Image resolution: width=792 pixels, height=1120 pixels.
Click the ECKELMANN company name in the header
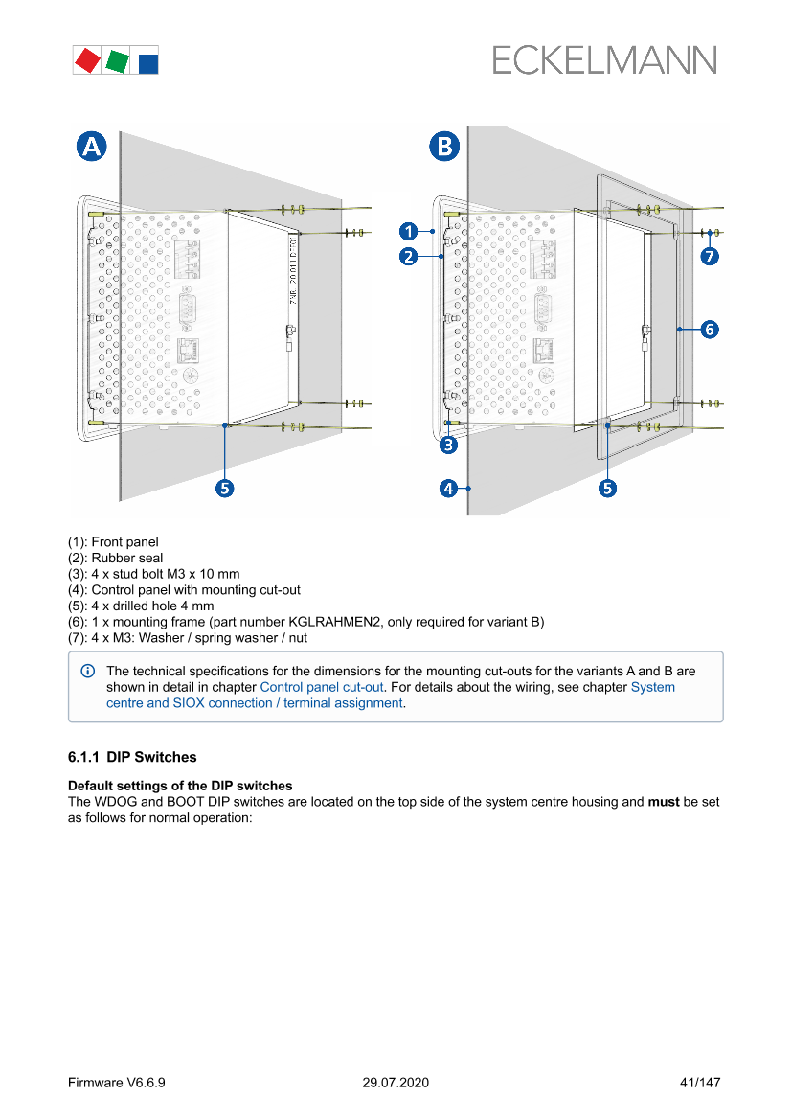(x=604, y=59)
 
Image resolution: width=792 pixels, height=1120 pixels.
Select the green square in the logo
(x=118, y=61)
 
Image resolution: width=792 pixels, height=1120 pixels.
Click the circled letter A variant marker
(x=92, y=147)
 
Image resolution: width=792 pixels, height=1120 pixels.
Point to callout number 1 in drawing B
(x=408, y=231)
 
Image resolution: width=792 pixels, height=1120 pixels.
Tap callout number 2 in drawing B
(x=408, y=256)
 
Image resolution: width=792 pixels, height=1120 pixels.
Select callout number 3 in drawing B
(x=448, y=445)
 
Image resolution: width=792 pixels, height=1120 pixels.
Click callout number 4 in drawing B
(x=448, y=489)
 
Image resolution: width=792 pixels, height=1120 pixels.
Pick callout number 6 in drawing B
(x=709, y=330)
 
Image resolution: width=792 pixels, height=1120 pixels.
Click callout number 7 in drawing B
(x=709, y=256)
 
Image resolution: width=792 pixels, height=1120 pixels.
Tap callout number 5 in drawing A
(x=224, y=489)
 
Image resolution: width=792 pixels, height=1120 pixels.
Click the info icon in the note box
(x=88, y=672)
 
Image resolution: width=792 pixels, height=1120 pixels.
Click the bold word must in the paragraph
(x=664, y=801)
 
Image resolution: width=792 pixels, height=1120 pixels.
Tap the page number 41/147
(x=699, y=1083)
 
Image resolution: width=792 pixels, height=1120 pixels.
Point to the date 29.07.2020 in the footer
(x=396, y=1083)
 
